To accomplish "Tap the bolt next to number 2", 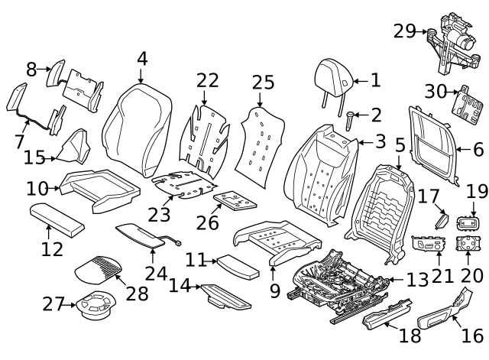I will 351,118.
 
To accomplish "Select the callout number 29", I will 404,31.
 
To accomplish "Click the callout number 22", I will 207,81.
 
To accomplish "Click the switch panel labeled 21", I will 430,247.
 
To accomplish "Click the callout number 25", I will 263,81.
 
